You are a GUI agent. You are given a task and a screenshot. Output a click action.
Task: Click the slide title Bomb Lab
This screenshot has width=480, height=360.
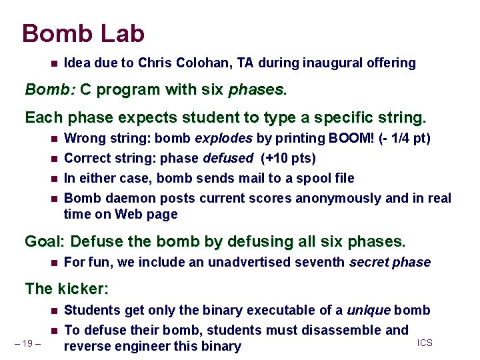coord(83,33)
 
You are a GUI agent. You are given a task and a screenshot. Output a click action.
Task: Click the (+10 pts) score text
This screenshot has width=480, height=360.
coord(288,159)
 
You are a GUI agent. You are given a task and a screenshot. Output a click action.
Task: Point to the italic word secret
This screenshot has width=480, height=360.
coord(369,262)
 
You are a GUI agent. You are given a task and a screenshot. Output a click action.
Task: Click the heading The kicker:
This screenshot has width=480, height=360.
coord(66,289)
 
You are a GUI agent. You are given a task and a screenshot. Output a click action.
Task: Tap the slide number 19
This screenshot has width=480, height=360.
coord(28,343)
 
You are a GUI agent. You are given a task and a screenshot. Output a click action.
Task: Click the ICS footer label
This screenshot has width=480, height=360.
coord(425,343)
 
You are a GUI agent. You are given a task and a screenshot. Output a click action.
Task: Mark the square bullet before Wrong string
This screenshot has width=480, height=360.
coord(53,139)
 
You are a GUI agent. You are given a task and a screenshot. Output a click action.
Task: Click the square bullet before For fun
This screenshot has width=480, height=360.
coord(53,262)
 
